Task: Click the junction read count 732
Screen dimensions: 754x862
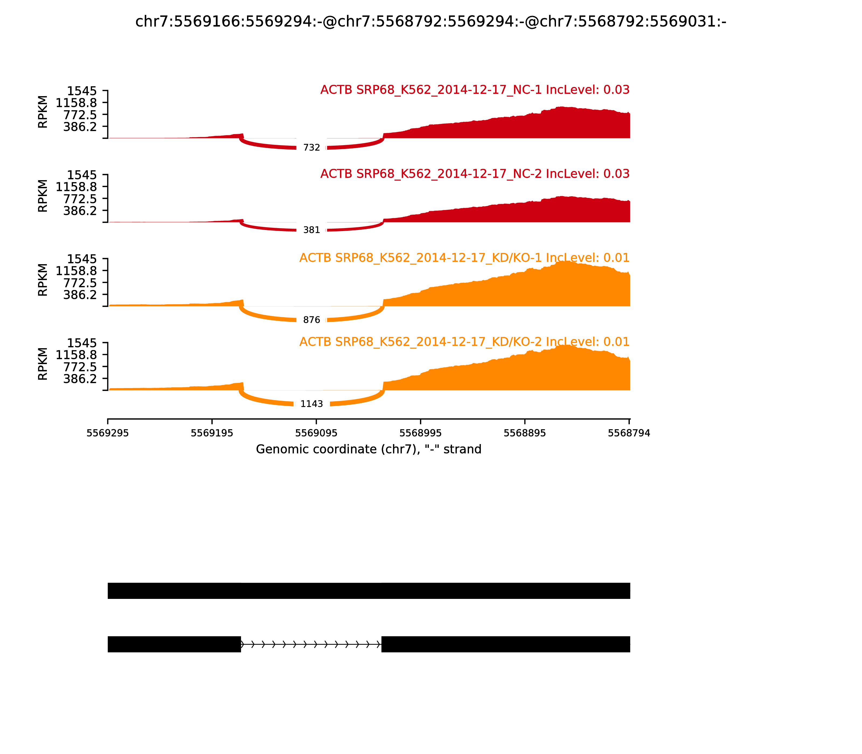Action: pos(311,148)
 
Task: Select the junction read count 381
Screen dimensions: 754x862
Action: pos(311,230)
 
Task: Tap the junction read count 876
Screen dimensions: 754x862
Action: pos(311,320)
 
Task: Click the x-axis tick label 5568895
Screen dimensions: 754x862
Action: pos(524,433)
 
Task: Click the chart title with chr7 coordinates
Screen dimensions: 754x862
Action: pos(430,22)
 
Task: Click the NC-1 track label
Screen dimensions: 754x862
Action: pos(475,90)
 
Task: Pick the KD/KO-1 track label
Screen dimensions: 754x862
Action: pos(464,258)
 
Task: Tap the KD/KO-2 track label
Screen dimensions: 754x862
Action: pos(464,342)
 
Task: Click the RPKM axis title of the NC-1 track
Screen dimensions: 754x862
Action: pos(43,112)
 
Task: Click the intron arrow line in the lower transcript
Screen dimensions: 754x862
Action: pos(311,644)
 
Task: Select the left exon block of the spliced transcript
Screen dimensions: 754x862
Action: pos(174,644)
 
